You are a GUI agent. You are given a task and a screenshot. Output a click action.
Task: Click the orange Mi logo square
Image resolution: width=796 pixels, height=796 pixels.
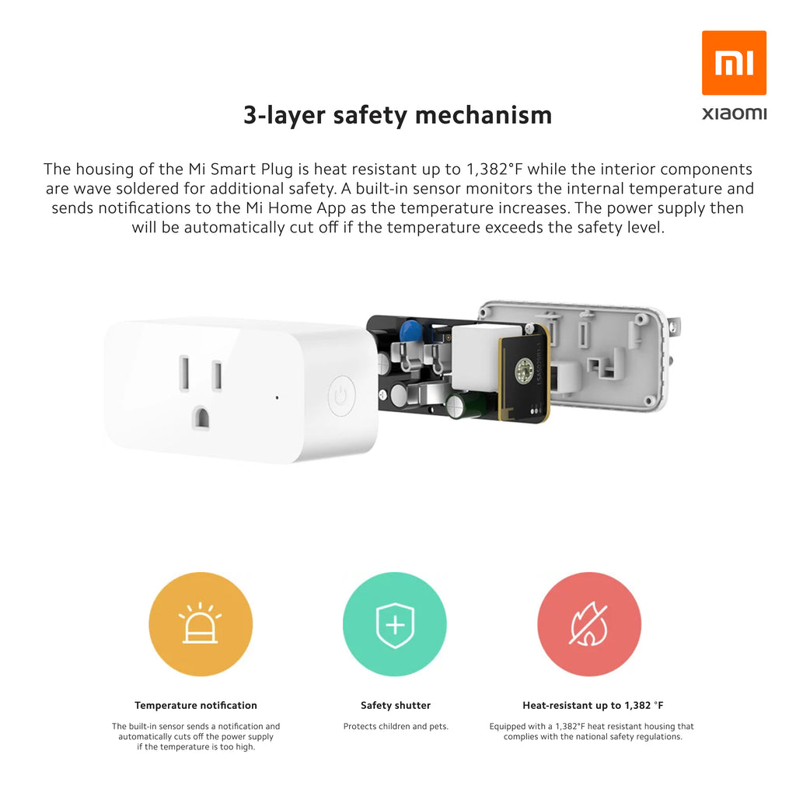coord(734,62)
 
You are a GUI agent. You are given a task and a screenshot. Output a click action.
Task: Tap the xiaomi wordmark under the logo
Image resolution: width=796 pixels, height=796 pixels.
coord(734,113)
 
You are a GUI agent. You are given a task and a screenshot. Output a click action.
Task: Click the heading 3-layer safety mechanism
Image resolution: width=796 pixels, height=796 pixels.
coord(397,115)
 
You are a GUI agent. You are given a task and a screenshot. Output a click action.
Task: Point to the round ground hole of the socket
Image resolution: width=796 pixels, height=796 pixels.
coord(201,417)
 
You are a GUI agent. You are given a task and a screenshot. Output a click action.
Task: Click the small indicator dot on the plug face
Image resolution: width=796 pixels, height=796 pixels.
coord(277,397)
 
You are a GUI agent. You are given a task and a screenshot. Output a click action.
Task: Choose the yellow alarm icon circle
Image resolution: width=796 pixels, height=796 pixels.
coord(201,624)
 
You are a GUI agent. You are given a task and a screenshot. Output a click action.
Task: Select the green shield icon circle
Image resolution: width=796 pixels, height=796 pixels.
coord(395,624)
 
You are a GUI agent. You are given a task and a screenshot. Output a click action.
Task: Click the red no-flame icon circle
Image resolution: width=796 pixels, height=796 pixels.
coord(589,624)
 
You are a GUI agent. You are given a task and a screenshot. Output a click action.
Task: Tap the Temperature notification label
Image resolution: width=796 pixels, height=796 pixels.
coord(196,705)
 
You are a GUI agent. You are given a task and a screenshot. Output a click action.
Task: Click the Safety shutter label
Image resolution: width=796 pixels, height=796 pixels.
coord(396,705)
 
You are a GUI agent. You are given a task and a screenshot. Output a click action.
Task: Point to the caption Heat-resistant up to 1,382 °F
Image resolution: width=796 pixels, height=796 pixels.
coord(593,705)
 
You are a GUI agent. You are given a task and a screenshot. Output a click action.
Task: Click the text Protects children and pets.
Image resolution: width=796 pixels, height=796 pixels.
coord(396,727)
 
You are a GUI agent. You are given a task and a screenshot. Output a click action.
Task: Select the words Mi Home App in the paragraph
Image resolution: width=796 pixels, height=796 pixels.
coord(296,208)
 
